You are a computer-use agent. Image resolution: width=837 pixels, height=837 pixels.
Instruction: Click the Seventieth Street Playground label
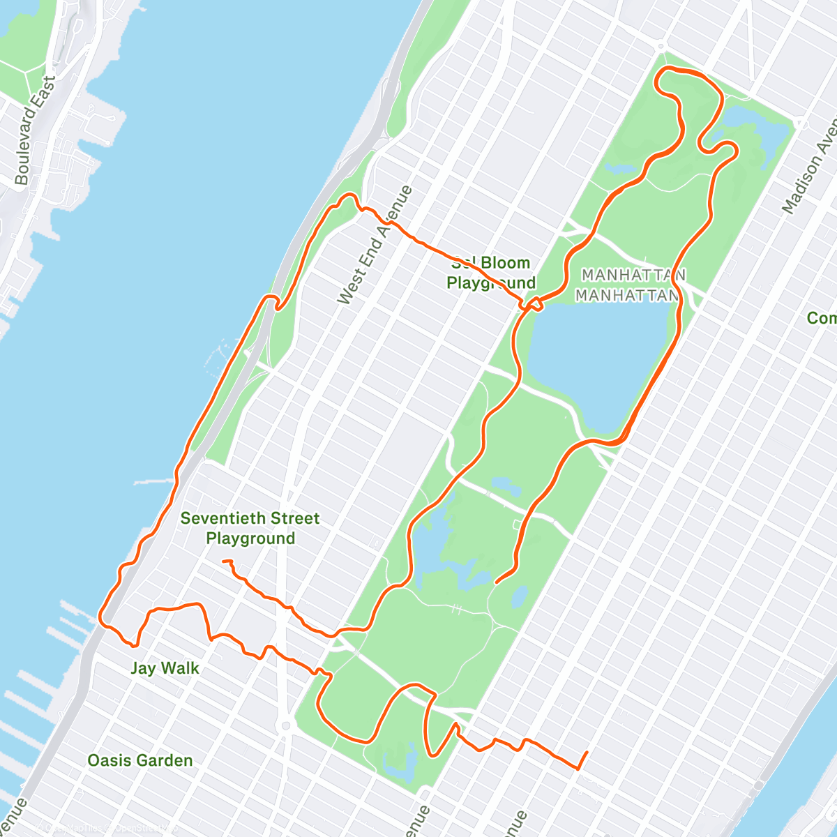pos(250,528)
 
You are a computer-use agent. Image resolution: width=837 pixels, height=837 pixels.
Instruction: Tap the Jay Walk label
pos(165,668)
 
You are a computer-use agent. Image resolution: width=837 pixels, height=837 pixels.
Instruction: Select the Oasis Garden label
pos(140,760)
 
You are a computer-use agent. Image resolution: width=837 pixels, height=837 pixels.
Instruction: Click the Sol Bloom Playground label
pos(491,273)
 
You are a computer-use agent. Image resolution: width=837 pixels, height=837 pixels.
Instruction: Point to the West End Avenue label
pos(374,245)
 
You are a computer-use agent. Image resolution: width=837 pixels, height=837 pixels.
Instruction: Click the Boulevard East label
pos(33,130)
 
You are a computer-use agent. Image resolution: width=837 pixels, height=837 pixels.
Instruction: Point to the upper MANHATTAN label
pos(633,275)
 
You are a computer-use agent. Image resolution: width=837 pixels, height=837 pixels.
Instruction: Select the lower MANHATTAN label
pos(627,295)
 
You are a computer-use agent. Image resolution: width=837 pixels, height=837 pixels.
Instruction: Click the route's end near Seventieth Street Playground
pos(223,561)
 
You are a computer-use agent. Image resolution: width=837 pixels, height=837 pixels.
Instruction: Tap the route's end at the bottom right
pos(587,752)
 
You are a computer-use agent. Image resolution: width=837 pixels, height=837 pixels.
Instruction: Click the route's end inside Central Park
pos(496,582)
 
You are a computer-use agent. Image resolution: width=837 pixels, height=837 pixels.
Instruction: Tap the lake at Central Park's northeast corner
pos(753,129)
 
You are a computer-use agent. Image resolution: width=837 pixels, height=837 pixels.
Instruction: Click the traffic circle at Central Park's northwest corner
pos(660,47)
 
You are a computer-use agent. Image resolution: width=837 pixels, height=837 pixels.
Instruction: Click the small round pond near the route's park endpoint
pos(520,596)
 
